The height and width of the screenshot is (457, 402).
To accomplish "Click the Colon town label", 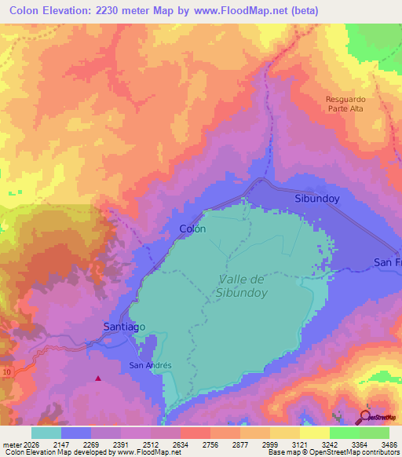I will coord(192,229).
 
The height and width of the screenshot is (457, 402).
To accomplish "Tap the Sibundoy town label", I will coord(316,199).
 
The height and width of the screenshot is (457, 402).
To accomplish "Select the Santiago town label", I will coord(124,326).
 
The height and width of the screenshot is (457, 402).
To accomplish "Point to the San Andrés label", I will coord(150,365).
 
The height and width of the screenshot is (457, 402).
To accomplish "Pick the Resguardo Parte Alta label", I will coord(345,104).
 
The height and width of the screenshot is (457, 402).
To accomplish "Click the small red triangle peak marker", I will coord(98,378).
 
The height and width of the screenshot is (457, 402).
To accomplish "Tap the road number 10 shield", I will coord(6,371).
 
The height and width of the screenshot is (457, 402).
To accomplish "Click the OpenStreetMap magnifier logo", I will coord(364,416).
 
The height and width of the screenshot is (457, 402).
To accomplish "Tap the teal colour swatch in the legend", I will coord(46,432).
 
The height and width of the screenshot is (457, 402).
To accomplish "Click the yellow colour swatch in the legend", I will coord(315,432).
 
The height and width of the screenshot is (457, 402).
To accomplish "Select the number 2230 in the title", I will coord(117,10).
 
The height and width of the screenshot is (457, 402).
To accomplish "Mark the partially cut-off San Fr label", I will coord(387,261).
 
